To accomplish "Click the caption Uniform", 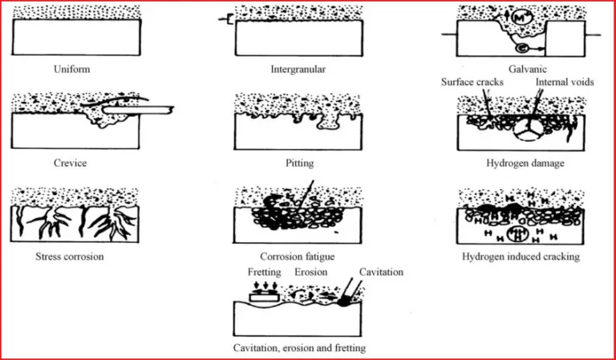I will (x=71, y=70).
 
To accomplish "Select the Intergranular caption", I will (x=298, y=70).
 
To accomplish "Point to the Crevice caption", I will (x=71, y=164).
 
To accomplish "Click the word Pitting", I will (x=298, y=164).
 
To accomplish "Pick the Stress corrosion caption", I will (x=70, y=257).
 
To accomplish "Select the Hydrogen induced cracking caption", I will (x=521, y=257).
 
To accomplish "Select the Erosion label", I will (x=310, y=273).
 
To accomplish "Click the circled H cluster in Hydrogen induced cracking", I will (x=518, y=235).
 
